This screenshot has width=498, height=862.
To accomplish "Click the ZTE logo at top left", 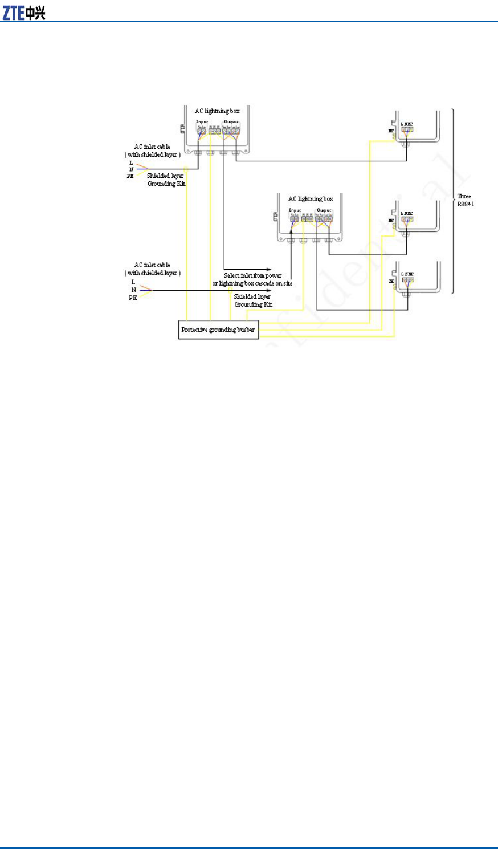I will tap(24, 12).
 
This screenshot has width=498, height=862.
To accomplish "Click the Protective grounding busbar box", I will tap(218, 330).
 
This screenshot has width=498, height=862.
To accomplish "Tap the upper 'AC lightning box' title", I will tap(217, 111).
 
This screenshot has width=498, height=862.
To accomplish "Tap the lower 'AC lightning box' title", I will tap(311, 199).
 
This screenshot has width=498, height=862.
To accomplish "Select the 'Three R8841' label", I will tap(464, 200).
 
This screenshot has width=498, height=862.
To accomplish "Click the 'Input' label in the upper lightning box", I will tap(202, 122).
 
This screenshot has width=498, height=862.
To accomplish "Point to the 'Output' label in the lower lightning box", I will tap(324, 210).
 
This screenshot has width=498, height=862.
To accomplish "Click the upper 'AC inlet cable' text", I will tap(152, 147).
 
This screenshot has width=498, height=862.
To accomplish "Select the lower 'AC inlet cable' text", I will tap(152, 265).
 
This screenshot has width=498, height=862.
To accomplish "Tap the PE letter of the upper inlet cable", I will tap(130, 176).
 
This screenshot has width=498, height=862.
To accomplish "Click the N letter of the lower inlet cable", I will tap(133, 290).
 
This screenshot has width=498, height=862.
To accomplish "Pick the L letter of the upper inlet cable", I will tap(131, 163).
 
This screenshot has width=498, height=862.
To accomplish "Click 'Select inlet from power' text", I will tap(252, 276).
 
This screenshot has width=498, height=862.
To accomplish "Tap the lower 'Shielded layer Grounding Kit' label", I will tap(253, 300).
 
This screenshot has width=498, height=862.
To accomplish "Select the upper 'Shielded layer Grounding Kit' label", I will tap(166, 180).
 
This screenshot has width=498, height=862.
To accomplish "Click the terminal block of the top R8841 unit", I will tap(407, 129).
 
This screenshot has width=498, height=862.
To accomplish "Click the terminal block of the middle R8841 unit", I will tap(407, 219).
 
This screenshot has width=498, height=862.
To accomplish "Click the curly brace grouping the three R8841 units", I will tap(454, 200).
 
